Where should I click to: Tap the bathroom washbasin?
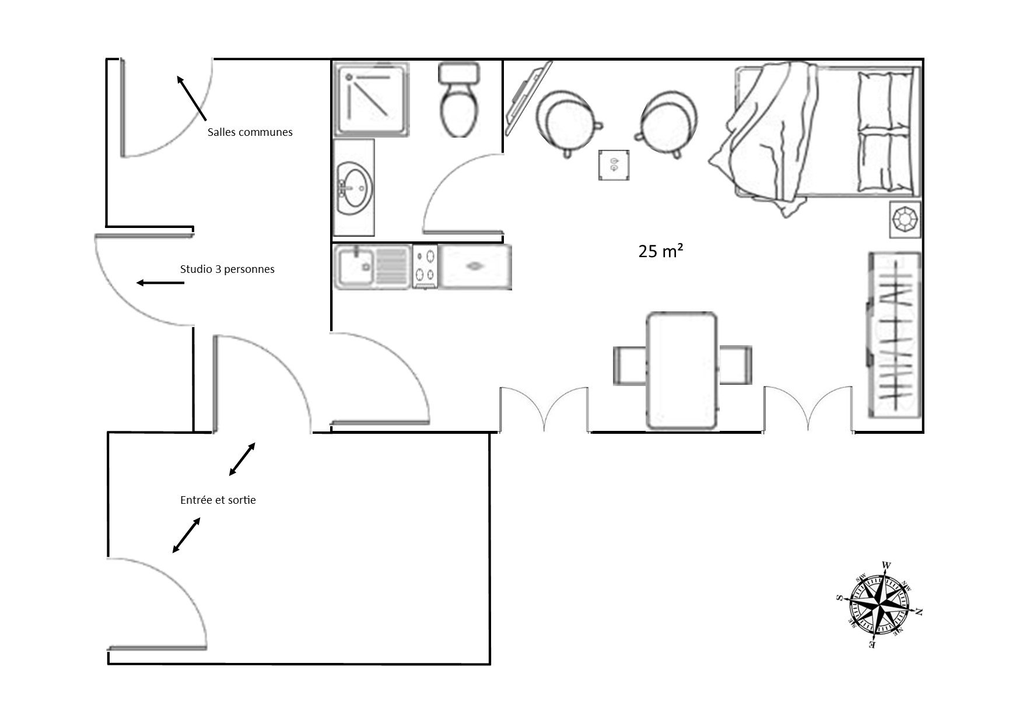(353, 187)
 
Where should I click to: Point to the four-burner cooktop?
(425, 266)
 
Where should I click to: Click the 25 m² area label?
(661, 251)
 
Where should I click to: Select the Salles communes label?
(250, 132)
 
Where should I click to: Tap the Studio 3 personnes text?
(227, 269)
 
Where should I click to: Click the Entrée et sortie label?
(218, 500)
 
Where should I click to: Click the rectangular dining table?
(682, 371)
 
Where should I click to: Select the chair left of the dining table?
(630, 365)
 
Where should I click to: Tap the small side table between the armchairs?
(614, 165)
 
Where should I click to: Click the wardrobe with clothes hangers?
(894, 335)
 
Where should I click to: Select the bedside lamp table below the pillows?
(905, 219)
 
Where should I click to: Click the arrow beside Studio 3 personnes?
(160, 283)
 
